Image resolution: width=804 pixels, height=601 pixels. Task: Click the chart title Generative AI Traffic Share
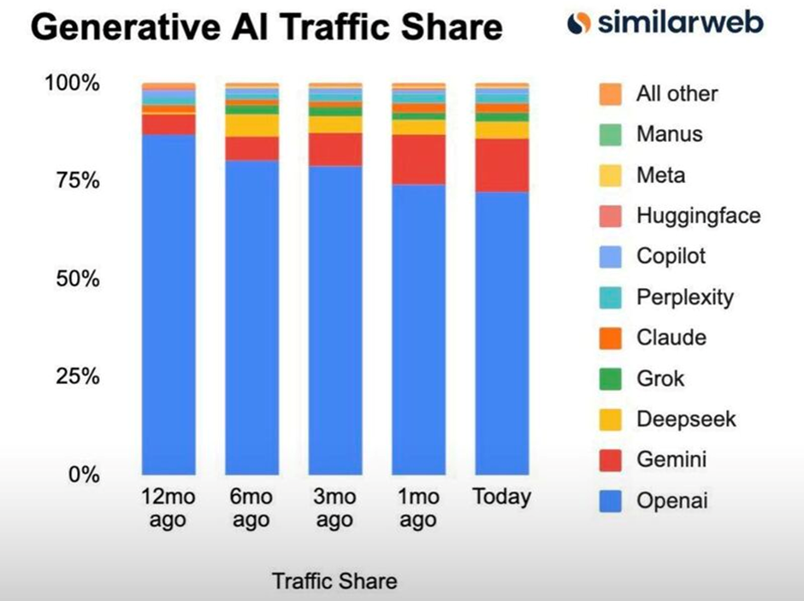[266, 28]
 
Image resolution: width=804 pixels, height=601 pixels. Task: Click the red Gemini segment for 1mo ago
[418, 159]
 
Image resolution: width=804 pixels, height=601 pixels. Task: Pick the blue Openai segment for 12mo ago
[168, 303]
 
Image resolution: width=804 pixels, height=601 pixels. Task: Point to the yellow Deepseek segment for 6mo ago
[251, 125]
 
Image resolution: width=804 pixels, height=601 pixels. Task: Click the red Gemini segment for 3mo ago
[335, 149]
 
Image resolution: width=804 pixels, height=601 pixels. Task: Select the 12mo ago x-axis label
[168, 509]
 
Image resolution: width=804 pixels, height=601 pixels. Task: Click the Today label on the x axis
[502, 498]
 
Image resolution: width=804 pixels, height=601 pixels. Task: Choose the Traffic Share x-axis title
[334, 582]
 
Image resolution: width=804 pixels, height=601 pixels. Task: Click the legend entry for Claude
[671, 338]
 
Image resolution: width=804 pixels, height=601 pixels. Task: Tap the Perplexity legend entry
[684, 298]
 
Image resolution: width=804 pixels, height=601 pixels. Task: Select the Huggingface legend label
[697, 216]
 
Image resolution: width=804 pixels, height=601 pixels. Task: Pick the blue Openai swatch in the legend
[610, 502]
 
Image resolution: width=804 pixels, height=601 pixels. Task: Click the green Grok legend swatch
[610, 379]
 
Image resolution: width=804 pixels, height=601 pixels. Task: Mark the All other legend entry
[677, 94]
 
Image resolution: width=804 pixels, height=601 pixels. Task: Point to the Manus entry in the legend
[669, 134]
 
